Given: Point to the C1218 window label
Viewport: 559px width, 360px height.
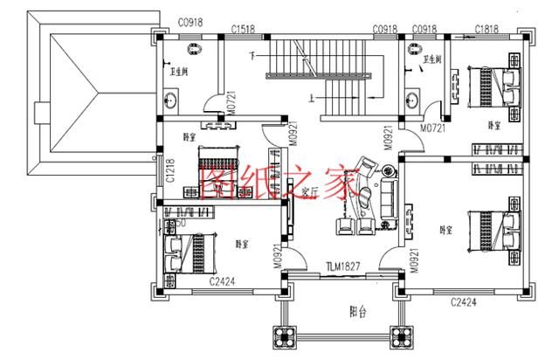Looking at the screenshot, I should (x=170, y=172).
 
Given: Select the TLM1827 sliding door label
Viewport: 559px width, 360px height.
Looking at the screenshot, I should (x=344, y=266).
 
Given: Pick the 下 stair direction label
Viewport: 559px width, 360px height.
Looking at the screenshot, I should (x=252, y=57).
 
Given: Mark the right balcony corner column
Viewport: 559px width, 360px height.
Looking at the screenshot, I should (x=403, y=336).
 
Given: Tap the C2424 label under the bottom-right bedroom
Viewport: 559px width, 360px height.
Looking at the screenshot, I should (x=463, y=302).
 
